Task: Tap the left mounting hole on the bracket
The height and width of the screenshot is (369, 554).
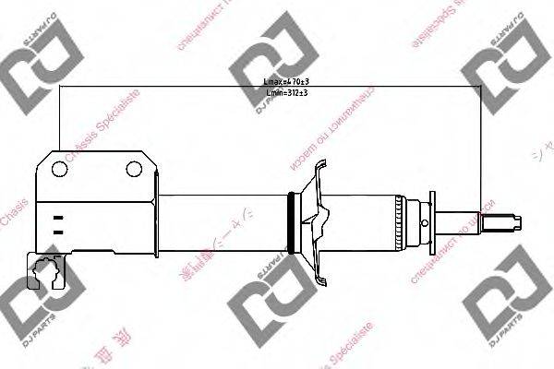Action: (60, 169)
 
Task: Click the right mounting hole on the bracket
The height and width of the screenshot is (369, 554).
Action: (136, 169)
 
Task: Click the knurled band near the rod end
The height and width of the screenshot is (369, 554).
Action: (400, 221)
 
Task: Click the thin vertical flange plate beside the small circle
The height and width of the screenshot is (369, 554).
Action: (430, 221)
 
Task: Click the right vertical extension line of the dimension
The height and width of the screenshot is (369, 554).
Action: (480, 148)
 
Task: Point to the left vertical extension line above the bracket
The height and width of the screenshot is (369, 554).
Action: (59, 120)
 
